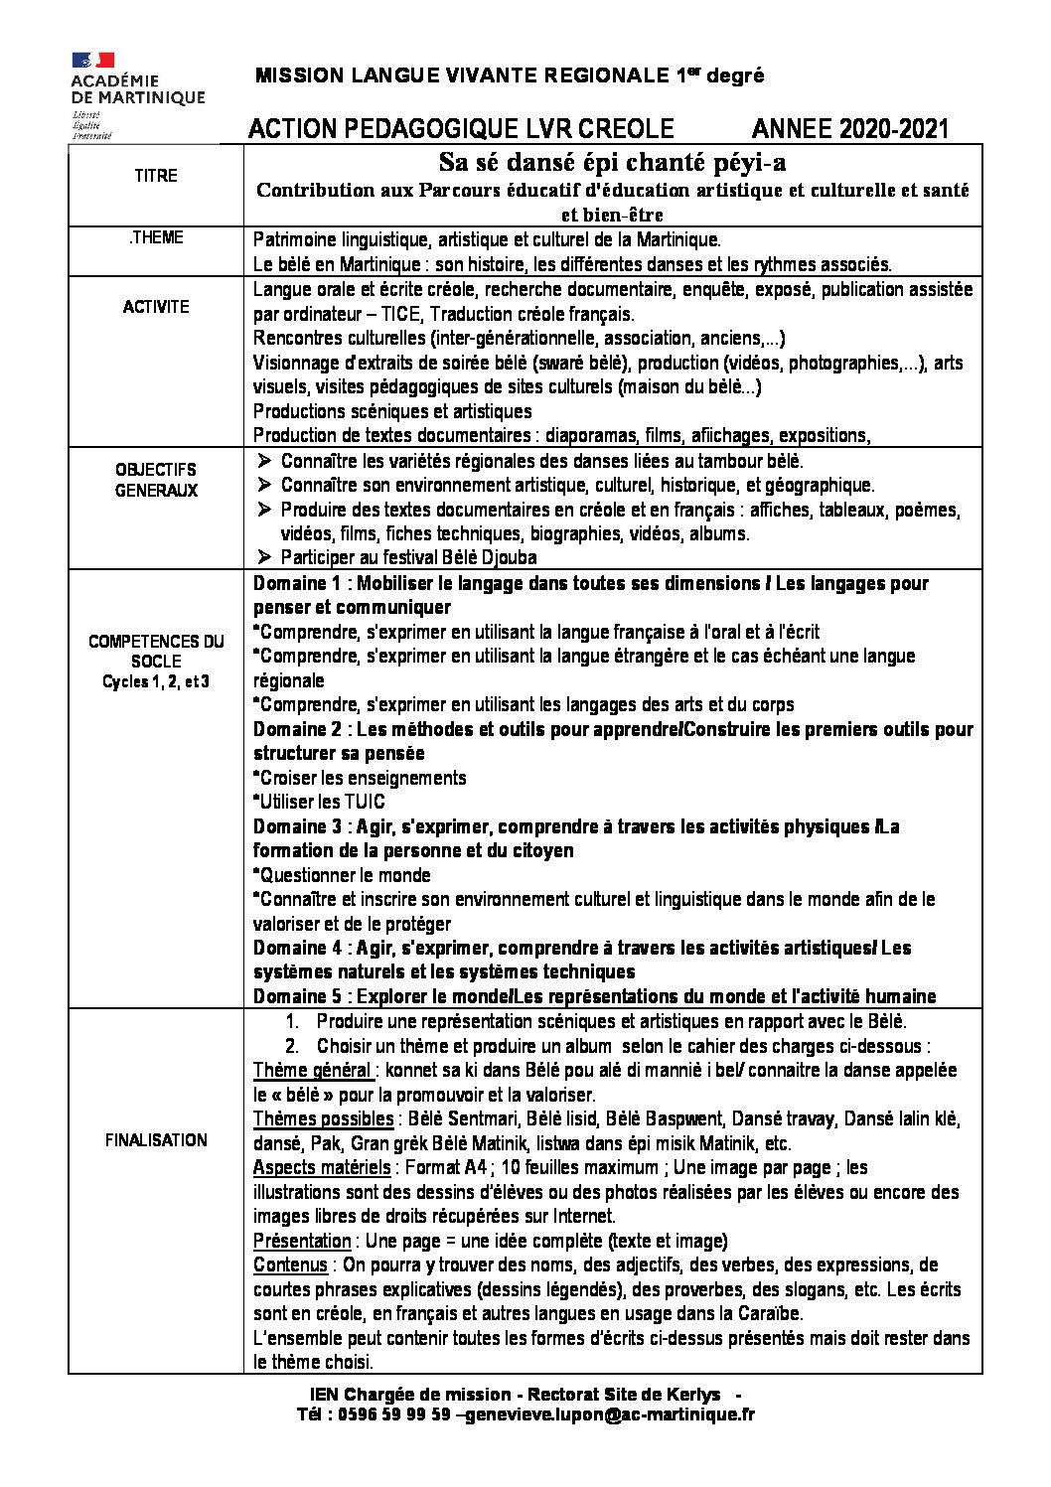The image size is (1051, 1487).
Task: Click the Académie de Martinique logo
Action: (137, 90)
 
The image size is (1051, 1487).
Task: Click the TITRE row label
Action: (156, 176)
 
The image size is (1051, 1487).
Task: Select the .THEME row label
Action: (156, 238)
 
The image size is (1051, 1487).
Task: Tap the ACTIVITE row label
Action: (156, 307)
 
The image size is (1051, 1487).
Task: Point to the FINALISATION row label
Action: (156, 1140)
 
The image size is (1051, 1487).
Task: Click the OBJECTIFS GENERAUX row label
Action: (156, 480)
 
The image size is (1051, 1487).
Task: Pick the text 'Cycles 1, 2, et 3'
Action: (156, 681)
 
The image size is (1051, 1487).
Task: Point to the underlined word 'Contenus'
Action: (290, 1264)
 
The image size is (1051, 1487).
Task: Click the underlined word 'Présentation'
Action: (302, 1241)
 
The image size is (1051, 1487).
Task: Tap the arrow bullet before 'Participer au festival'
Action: (264, 557)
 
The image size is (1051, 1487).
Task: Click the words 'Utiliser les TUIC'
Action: (321, 802)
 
